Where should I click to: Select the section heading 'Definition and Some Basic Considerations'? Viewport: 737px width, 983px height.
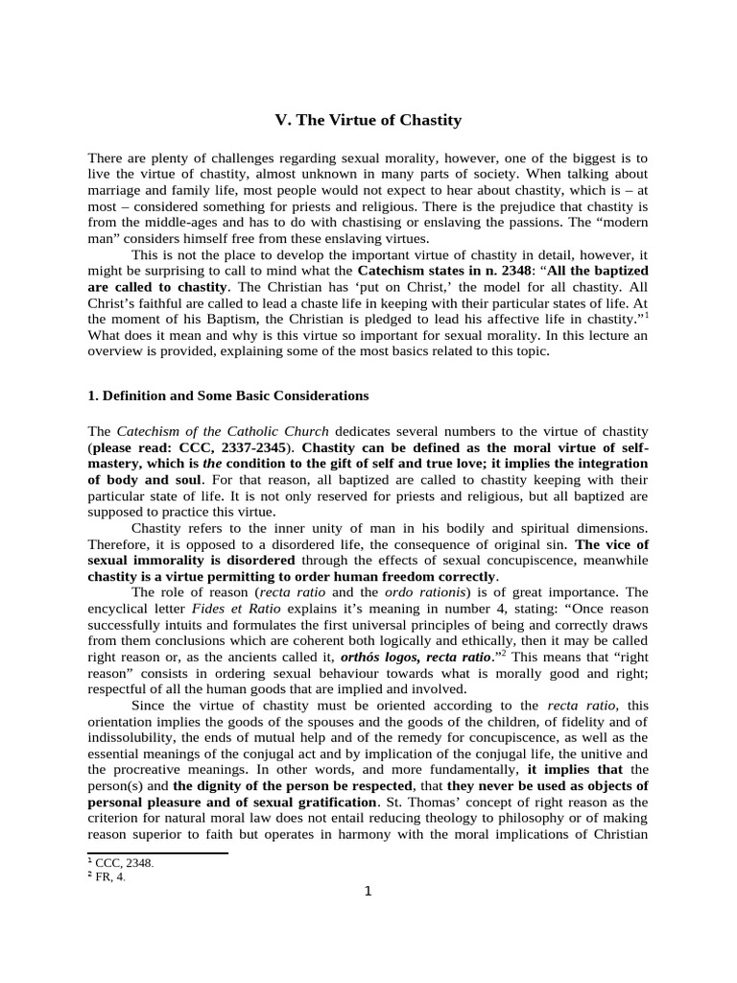(x=235, y=395)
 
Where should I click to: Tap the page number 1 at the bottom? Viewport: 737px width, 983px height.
(x=368, y=890)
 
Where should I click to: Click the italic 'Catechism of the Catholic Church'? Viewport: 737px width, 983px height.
(x=223, y=432)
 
